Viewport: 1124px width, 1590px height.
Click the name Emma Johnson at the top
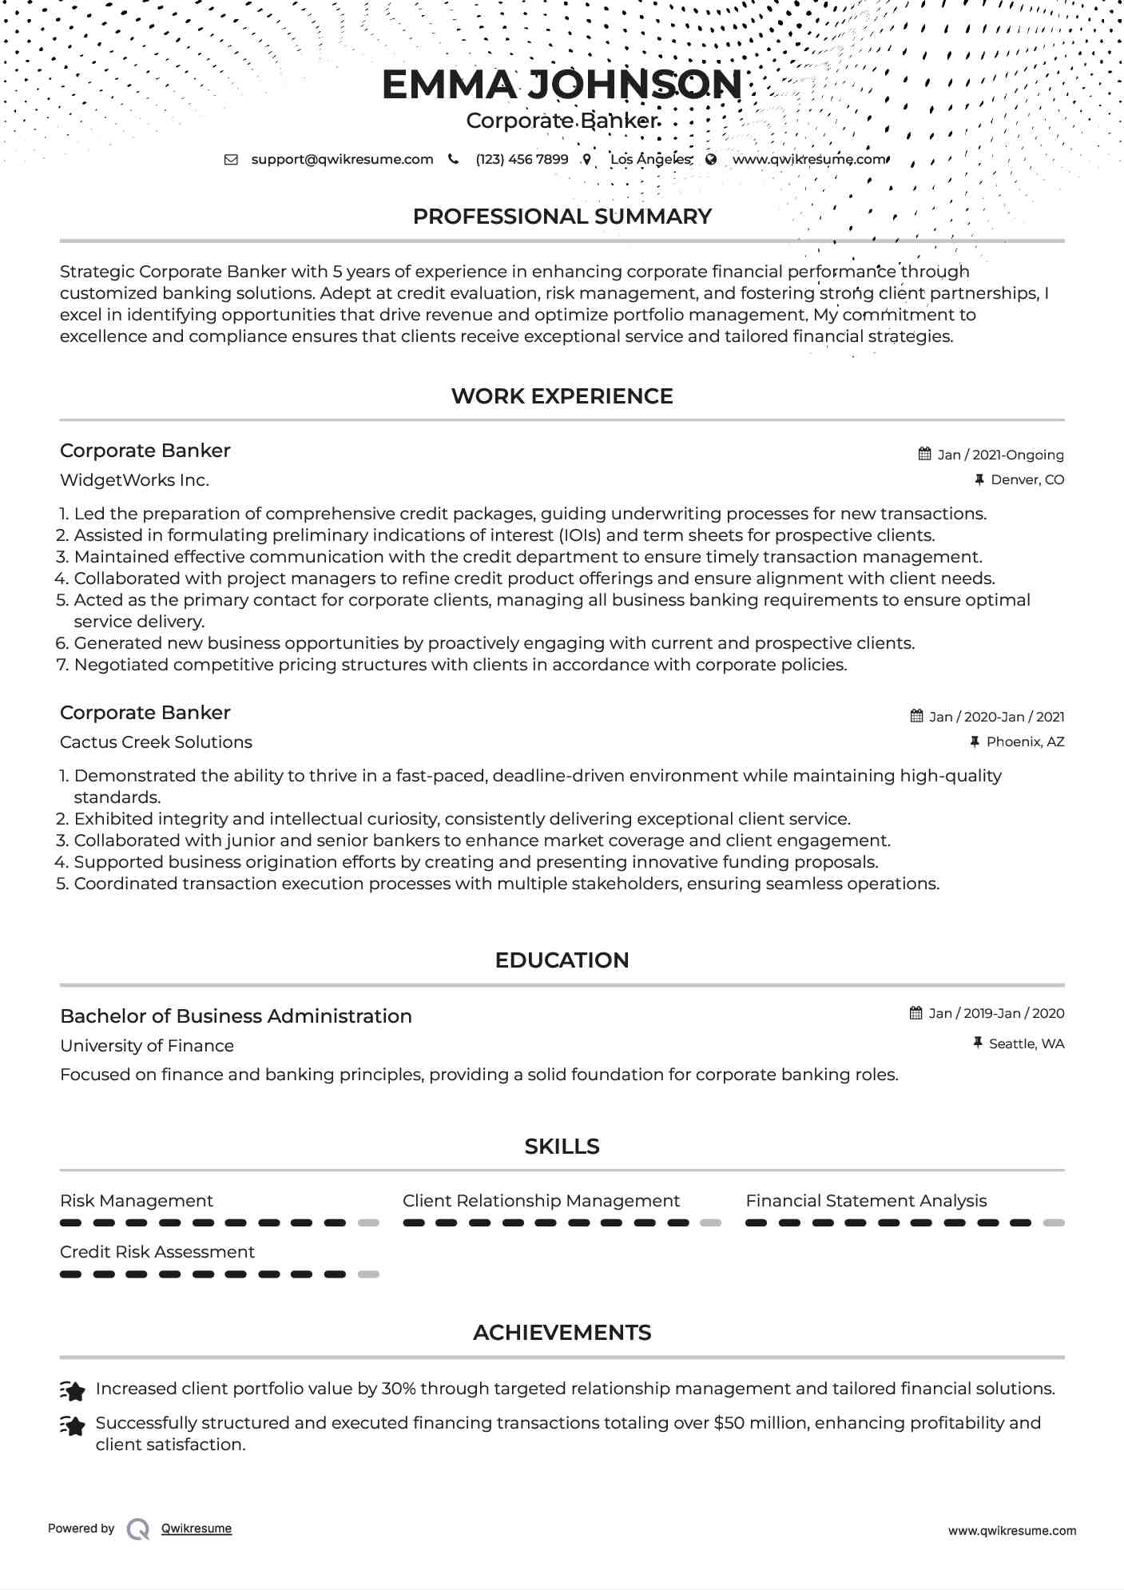[x=562, y=85]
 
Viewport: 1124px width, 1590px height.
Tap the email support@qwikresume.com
[x=342, y=159]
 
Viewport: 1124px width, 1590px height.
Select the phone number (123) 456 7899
[x=522, y=159]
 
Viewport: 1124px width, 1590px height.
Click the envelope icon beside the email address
[x=231, y=160]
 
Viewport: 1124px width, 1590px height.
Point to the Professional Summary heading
[x=562, y=217]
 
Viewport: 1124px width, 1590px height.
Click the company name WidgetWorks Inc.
[x=134, y=480]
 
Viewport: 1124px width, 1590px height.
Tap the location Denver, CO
[x=1027, y=479]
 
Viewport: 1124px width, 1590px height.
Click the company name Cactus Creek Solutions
[x=156, y=742]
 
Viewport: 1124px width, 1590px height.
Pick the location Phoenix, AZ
[x=1025, y=741]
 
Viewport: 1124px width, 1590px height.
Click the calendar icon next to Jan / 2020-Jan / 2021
[x=916, y=716]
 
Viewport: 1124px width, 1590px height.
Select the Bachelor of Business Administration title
[x=236, y=1016]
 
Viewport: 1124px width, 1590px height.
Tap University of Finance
[x=147, y=1046]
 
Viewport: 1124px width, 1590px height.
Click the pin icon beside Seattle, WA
[x=977, y=1043]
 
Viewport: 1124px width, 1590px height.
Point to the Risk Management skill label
[x=137, y=1201]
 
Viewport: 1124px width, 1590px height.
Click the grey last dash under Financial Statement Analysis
[x=1054, y=1222]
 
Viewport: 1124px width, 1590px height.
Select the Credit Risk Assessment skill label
[x=157, y=1252]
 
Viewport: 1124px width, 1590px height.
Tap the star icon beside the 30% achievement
[x=73, y=1391]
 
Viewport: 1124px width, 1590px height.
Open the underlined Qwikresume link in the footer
[x=197, y=1528]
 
